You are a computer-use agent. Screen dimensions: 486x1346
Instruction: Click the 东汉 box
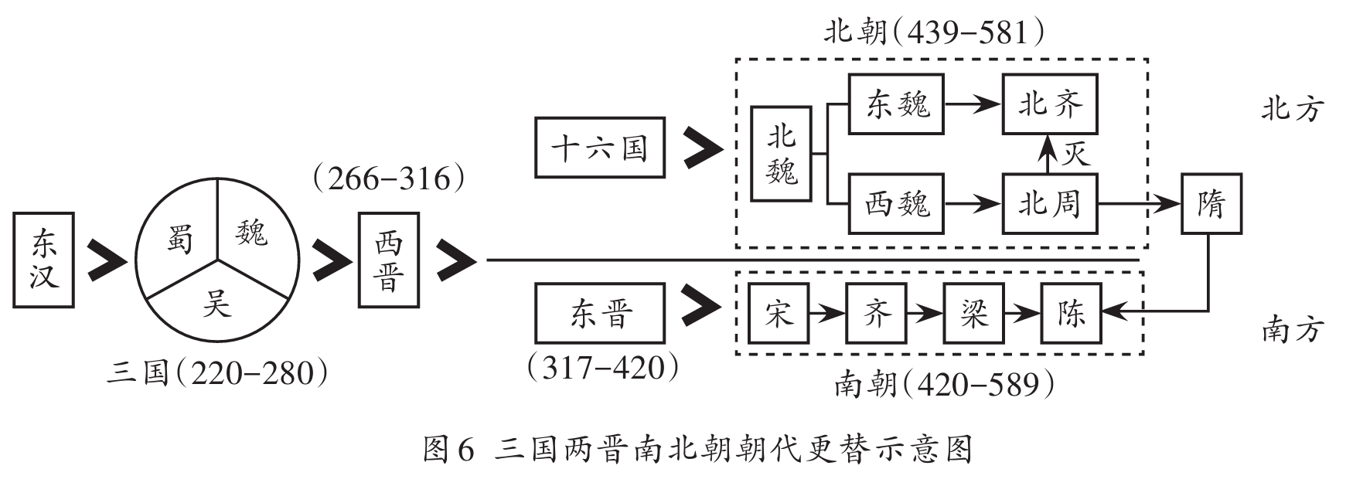pos(45,260)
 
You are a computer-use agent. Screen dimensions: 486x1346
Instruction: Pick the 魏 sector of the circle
pos(252,231)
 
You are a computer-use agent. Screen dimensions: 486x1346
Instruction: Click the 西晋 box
pos(388,260)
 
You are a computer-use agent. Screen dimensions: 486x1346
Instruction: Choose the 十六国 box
pos(600,148)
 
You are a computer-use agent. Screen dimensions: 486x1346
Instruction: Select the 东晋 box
pos(600,314)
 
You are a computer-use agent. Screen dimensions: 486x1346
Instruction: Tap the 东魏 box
pos(897,104)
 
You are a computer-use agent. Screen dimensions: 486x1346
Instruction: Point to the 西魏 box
pos(897,205)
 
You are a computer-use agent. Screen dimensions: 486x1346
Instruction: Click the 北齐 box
pos(1050,104)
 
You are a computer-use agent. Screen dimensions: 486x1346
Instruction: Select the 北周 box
pos(1050,205)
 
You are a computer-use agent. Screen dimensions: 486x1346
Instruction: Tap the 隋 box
pos(1211,205)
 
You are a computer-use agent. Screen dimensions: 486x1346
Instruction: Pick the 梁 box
pos(973,314)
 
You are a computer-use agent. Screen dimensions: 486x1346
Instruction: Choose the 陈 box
pos(1071,314)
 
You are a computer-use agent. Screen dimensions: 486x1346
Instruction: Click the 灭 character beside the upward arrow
pos(1075,153)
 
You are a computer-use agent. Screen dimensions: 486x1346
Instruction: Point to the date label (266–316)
pos(389,180)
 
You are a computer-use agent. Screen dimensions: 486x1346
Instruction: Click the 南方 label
pos(1293,330)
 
